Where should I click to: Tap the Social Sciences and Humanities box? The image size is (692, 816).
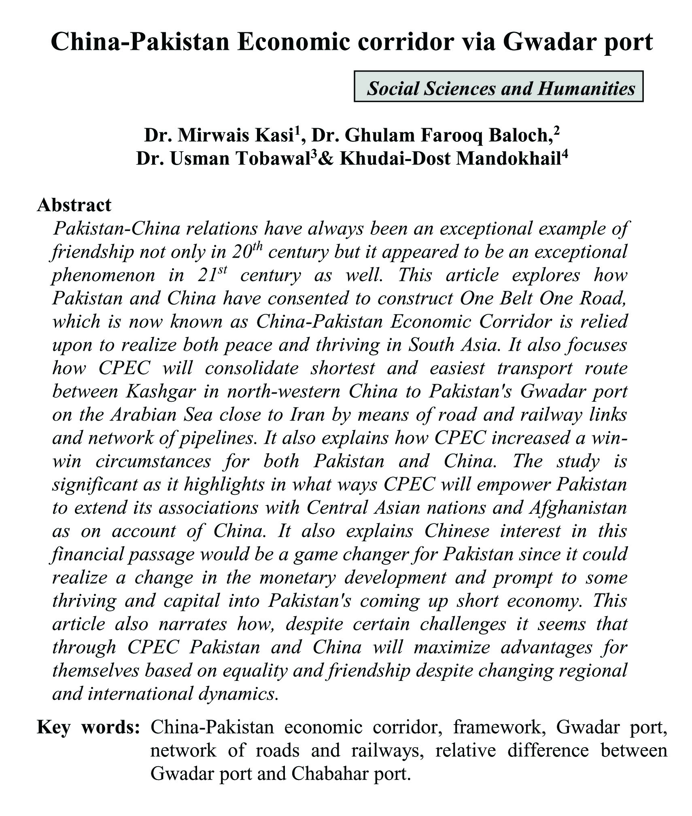(x=498, y=86)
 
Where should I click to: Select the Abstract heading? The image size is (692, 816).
(x=74, y=205)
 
